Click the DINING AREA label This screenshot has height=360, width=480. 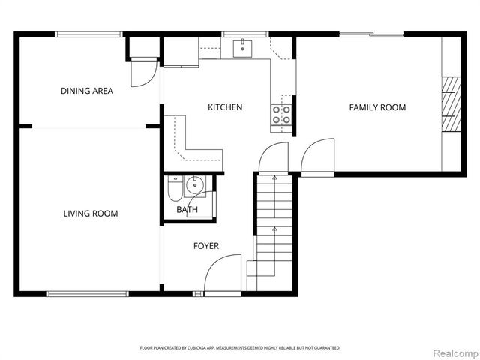coord(87,91)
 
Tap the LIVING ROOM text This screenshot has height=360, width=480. coord(91,213)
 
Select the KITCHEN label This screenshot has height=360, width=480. coord(225,107)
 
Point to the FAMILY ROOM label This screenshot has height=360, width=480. coord(377,107)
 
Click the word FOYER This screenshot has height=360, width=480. coord(206,246)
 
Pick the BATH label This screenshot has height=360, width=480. coord(187,210)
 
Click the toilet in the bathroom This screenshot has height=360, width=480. coord(175,188)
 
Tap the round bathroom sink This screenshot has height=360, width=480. coord(195,185)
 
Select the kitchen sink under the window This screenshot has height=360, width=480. coord(242,49)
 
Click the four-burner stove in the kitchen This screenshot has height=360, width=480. coord(281,115)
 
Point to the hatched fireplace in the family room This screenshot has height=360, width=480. coord(451,103)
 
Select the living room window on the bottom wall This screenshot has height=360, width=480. coord(88,294)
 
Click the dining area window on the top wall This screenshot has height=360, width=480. coord(88,34)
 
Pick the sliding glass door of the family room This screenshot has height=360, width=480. coord(372,34)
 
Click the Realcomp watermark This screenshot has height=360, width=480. coord(456,353)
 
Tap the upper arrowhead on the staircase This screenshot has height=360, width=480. coord(274,177)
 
